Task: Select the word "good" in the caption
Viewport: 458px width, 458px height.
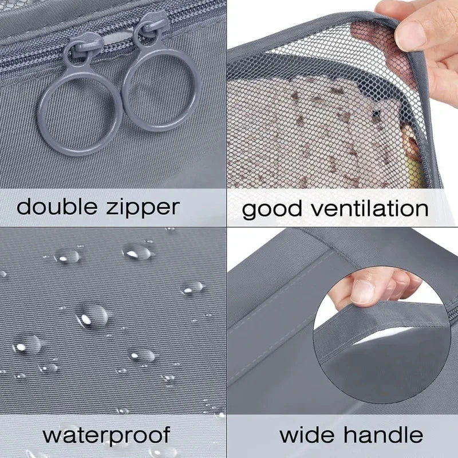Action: (272, 209)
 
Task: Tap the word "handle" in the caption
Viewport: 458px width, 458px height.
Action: (383, 435)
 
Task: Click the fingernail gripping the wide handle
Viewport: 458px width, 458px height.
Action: (362, 292)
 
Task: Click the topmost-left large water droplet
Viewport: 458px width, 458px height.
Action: (66, 256)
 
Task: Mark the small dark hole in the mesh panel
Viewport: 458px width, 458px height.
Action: (377, 113)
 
